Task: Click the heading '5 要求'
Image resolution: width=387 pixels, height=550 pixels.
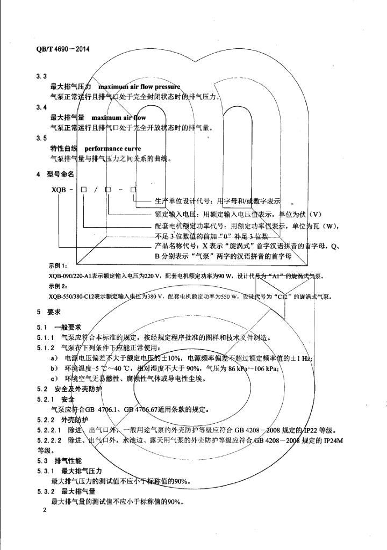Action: point(50,312)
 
